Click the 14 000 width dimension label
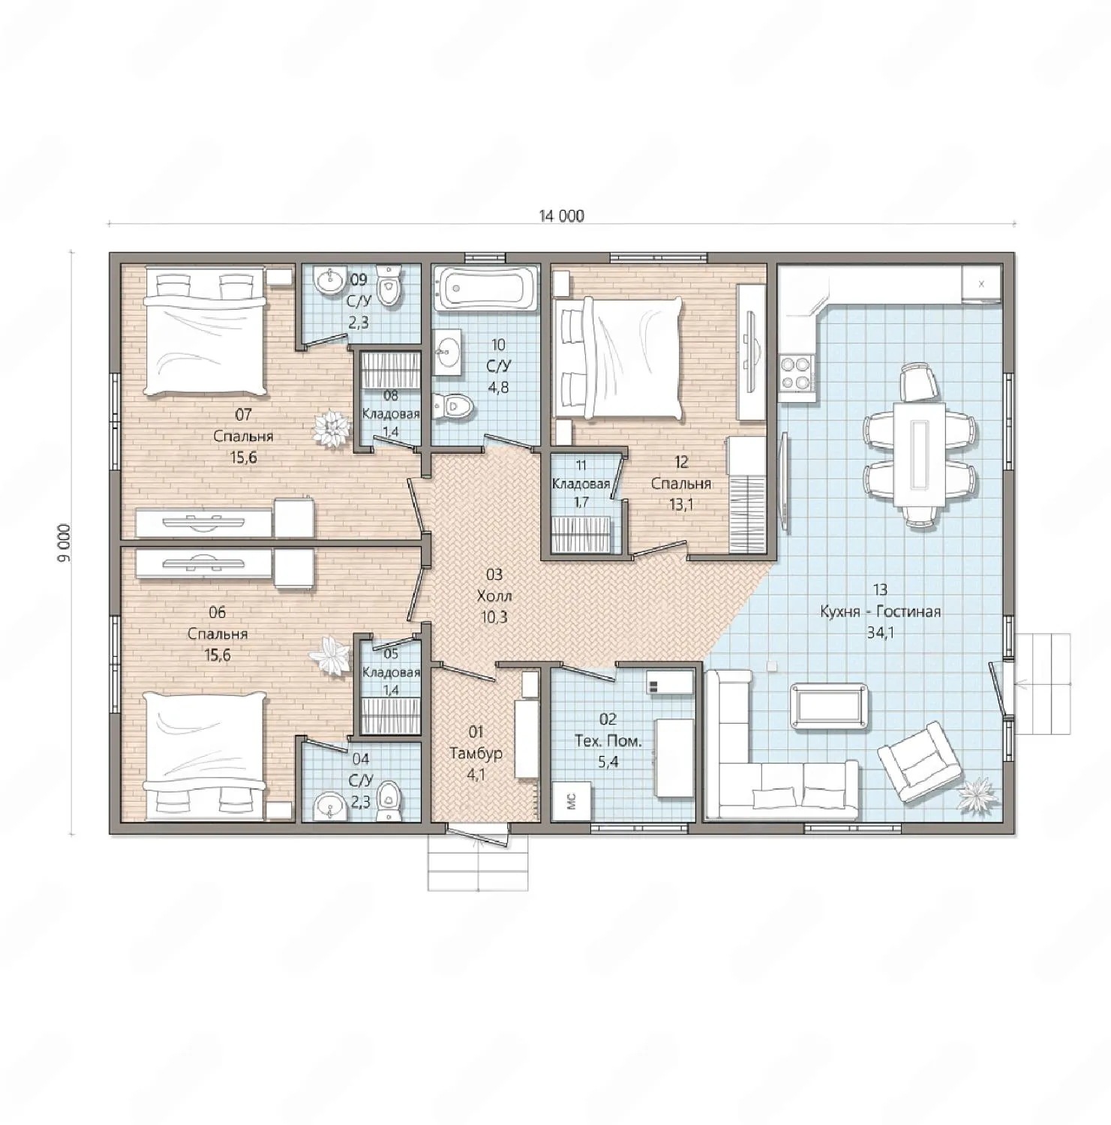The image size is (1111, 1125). (x=561, y=216)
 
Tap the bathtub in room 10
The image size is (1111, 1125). (x=486, y=288)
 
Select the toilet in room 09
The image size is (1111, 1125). (x=389, y=284)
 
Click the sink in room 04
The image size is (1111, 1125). (x=328, y=805)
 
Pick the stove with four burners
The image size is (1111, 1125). (x=797, y=372)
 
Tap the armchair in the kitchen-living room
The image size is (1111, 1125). (x=920, y=762)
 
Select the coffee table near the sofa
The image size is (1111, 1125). (x=830, y=705)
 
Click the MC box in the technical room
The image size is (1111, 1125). (x=572, y=801)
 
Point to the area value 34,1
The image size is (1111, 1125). (x=880, y=632)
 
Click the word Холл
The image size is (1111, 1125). (x=494, y=596)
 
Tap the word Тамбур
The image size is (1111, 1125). (x=476, y=753)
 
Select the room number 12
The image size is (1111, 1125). (x=681, y=462)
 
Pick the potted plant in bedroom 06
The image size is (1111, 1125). (x=330, y=655)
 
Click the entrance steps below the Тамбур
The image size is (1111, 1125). (x=478, y=862)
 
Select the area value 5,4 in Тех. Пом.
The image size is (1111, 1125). (x=608, y=762)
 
